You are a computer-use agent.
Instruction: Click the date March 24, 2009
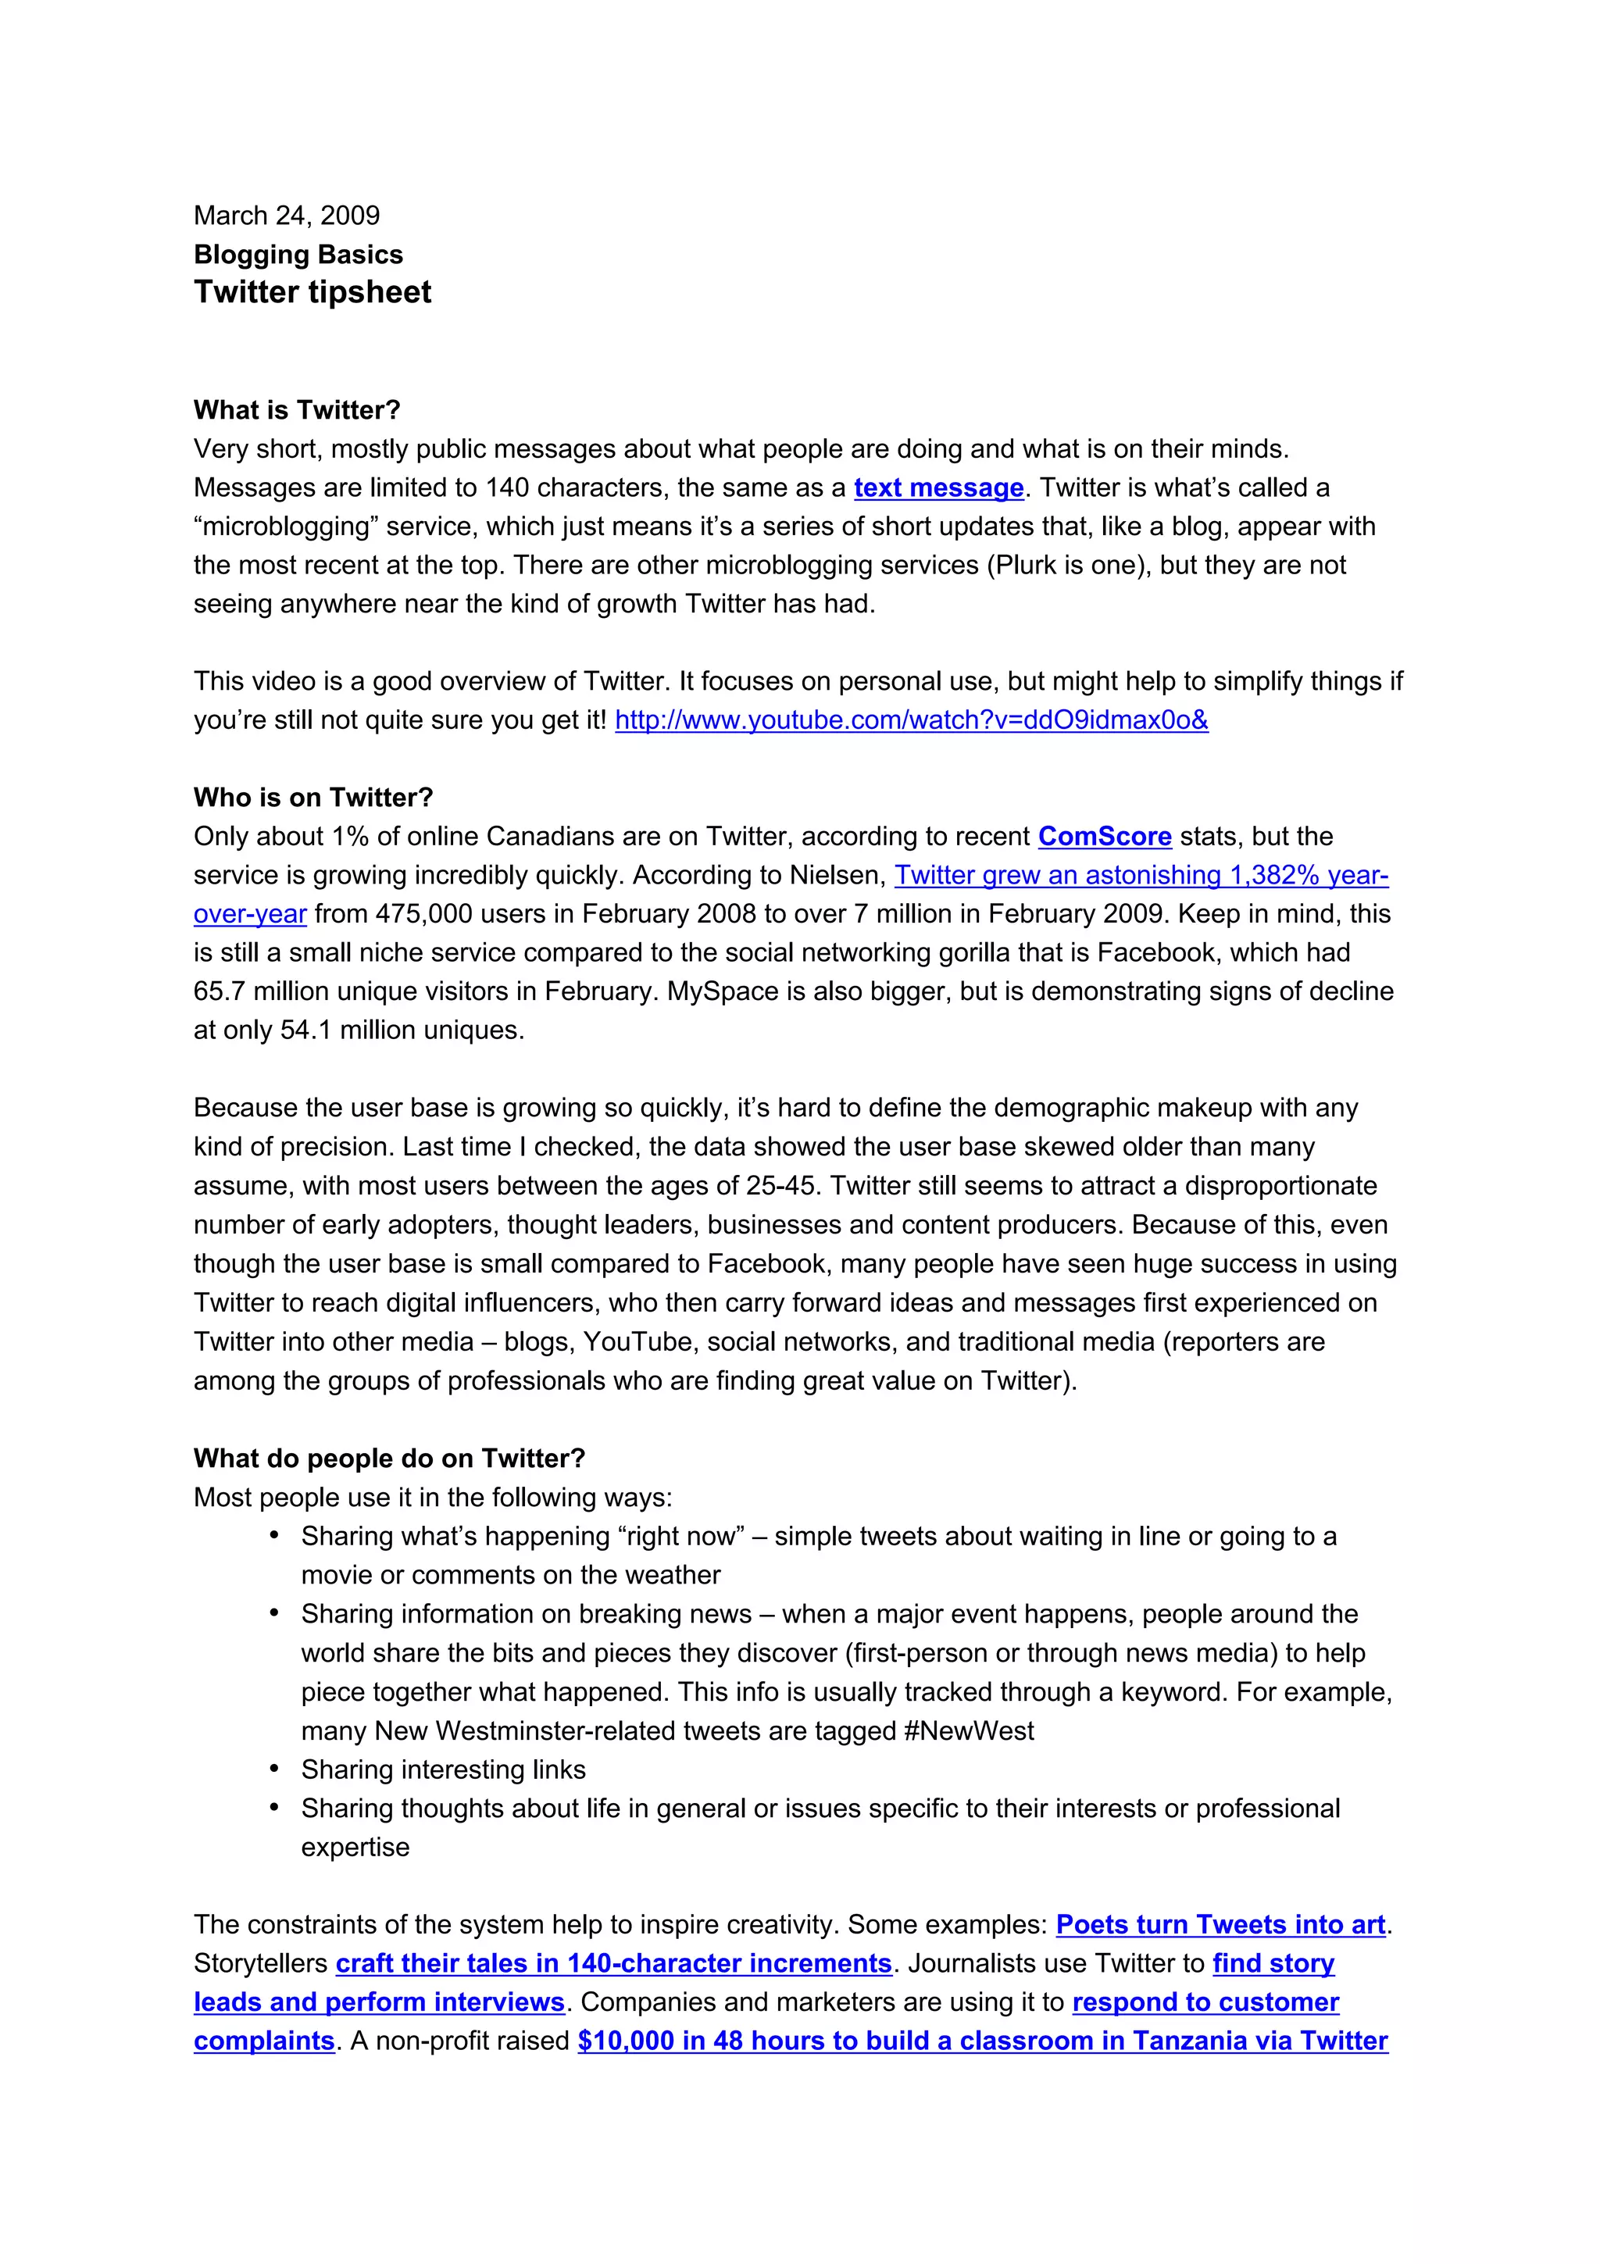click(x=286, y=216)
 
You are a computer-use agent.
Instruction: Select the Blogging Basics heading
click(x=298, y=255)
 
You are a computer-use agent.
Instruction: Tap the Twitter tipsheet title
click(x=312, y=292)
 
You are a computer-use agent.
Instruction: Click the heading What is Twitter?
click(x=297, y=410)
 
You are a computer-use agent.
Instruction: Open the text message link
click(x=938, y=488)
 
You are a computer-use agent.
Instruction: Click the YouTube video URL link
click(x=911, y=721)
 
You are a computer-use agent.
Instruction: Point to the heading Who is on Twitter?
click(x=312, y=798)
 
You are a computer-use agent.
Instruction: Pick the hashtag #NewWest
click(x=969, y=1731)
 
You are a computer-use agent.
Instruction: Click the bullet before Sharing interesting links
click(x=275, y=1769)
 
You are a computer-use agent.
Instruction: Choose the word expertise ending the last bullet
click(x=355, y=1848)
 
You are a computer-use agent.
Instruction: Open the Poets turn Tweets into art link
click(x=1220, y=1925)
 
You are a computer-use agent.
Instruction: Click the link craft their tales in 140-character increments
click(x=613, y=1964)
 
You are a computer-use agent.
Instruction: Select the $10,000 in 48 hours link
click(x=982, y=2041)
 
